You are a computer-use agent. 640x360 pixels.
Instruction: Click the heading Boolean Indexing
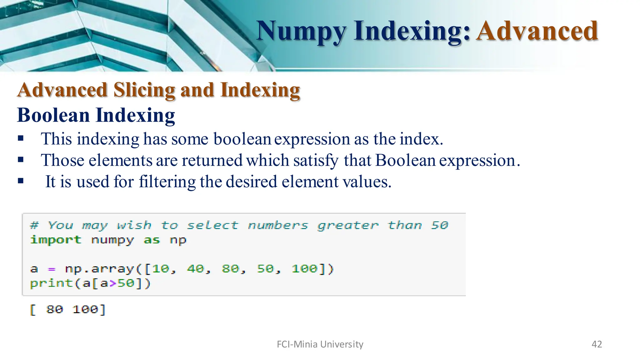click(96, 115)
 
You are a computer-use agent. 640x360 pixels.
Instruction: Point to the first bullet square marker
click(21, 138)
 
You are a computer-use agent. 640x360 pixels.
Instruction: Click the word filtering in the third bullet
click(167, 182)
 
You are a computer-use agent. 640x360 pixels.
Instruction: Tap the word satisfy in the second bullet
click(316, 160)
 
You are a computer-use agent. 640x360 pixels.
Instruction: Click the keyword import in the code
click(56, 240)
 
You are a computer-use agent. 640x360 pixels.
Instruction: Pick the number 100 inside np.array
click(304, 269)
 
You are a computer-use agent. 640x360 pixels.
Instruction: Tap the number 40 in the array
click(196, 269)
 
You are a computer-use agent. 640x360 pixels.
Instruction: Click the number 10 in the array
click(161, 269)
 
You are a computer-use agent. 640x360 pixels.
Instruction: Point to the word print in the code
click(51, 283)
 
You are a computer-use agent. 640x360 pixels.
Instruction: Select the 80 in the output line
click(54, 310)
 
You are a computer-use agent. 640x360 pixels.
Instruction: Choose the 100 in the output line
click(85, 310)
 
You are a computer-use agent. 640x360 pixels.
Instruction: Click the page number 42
click(597, 344)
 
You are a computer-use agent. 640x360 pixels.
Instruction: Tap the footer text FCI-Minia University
click(320, 344)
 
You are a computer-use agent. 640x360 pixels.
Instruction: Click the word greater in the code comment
click(347, 225)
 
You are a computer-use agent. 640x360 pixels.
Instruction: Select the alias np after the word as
click(178, 240)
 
